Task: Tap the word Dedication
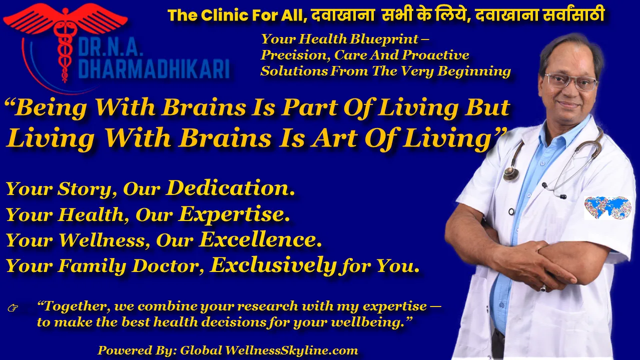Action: tap(230, 188)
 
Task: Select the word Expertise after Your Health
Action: tap(234, 214)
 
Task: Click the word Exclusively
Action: tap(273, 265)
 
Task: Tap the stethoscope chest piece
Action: tap(511, 173)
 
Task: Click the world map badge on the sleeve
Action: tap(607, 207)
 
